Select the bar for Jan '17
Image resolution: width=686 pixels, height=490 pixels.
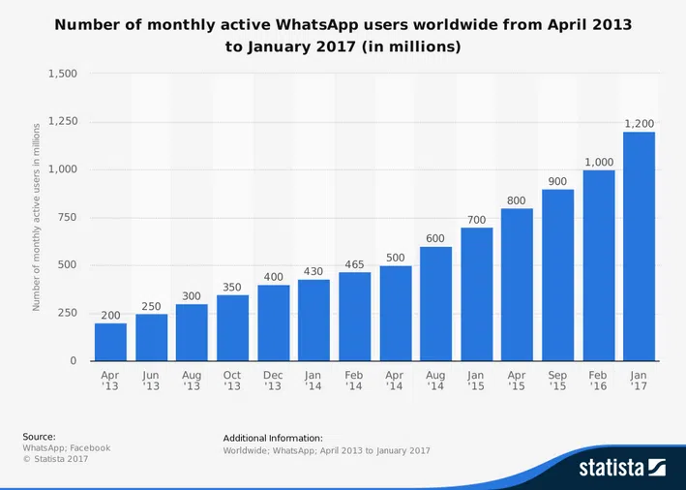[639, 247]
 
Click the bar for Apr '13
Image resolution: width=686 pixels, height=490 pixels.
[110, 342]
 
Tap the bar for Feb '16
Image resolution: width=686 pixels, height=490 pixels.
[598, 266]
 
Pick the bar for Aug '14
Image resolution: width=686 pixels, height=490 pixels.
[435, 304]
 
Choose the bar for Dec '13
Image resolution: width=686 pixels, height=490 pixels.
[273, 323]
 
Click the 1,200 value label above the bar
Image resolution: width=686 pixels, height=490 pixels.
[639, 124]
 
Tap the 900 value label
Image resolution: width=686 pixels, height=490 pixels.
[557, 181]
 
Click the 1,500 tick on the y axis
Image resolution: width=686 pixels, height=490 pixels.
[62, 75]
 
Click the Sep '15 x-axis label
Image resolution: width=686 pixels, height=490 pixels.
[557, 380]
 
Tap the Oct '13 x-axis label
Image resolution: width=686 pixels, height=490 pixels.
[232, 380]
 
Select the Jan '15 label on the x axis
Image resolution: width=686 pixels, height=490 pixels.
[476, 380]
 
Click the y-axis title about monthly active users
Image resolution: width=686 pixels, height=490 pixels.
[37, 218]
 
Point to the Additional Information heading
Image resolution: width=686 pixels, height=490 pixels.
[273, 439]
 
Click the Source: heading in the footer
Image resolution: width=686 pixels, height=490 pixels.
[39, 437]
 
